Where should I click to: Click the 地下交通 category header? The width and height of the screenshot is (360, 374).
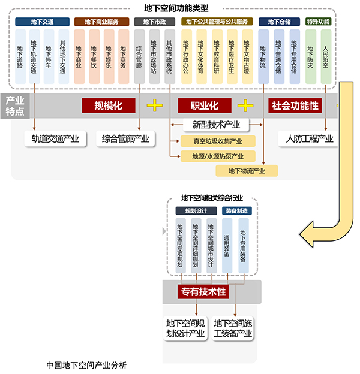coord(42,22)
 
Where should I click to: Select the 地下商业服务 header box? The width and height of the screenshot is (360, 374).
coord(101,22)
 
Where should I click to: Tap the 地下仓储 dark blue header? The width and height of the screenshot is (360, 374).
coord(280,22)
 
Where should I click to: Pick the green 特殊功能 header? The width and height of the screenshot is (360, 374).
coord(319,22)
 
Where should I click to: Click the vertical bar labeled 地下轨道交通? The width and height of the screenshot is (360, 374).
coord(34,56)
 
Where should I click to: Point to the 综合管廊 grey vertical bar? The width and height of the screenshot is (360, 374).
coord(139,56)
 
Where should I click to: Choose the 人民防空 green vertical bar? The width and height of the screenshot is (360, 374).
coord(326,56)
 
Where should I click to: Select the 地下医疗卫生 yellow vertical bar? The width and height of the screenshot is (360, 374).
coord(232,56)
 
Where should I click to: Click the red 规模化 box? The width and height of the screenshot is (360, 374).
coord(109,105)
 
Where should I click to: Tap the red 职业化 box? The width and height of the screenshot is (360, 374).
coord(205,105)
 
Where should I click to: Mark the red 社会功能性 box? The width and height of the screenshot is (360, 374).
coord(295,105)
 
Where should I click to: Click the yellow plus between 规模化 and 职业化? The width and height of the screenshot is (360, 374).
coord(154,105)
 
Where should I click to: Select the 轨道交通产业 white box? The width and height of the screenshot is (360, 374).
coord(55,138)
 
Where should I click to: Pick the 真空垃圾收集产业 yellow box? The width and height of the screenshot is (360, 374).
coord(218,141)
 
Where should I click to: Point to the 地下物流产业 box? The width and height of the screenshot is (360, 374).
coord(247,171)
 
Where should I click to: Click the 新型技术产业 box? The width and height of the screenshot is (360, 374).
coord(216,125)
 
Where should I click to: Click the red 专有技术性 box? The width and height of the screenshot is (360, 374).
coord(203,292)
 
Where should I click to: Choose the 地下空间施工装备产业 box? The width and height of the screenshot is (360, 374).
coord(233,328)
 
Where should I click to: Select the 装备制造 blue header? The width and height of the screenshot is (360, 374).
coord(237,211)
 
